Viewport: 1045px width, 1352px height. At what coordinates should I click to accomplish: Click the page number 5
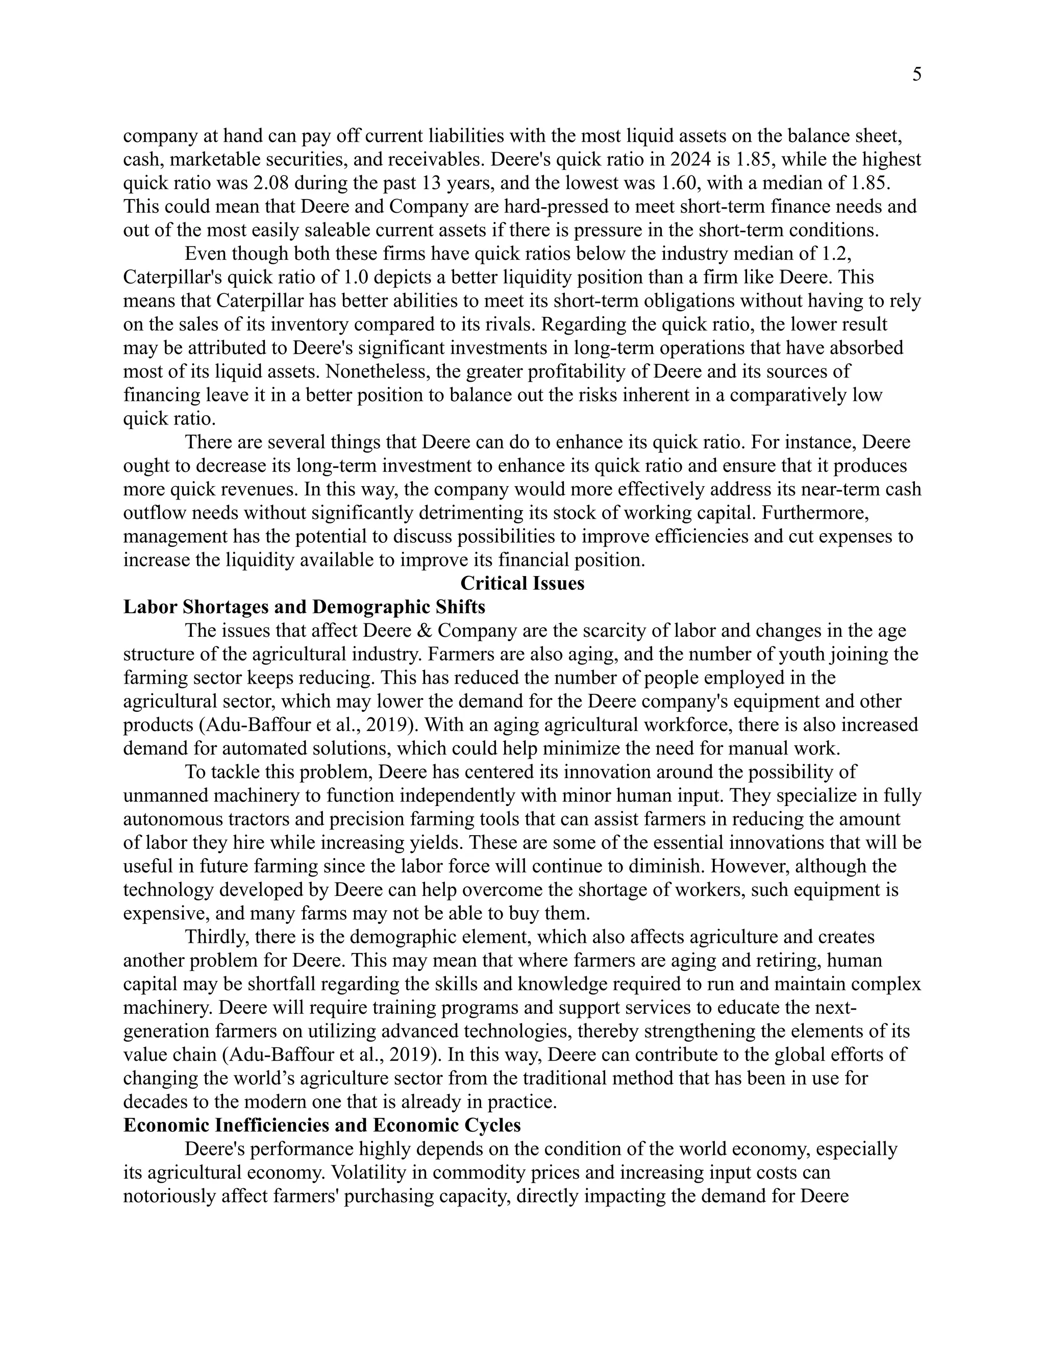[x=916, y=75]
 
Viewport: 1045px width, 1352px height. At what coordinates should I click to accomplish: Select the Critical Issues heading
[x=522, y=584]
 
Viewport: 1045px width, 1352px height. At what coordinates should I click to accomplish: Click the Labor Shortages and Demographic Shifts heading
[x=304, y=607]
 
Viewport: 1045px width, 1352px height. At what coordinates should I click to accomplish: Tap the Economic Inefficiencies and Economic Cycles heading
[x=322, y=1125]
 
